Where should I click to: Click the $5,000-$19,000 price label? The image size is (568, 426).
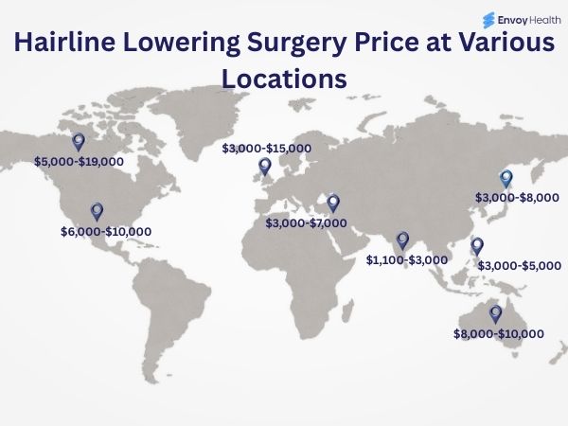(79, 162)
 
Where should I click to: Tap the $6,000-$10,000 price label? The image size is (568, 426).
(105, 231)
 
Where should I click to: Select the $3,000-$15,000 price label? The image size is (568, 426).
(266, 149)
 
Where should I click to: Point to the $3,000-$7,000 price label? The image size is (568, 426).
(306, 223)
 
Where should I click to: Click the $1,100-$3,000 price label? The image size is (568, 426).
(407, 259)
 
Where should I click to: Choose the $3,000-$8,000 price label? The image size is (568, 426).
(517, 198)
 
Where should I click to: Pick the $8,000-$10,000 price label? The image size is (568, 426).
(499, 334)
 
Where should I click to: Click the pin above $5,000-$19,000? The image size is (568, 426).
(79, 142)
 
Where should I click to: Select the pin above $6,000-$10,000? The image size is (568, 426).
(96, 211)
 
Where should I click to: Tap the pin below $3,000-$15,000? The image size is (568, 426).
(264, 167)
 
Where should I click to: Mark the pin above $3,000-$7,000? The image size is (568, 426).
(333, 203)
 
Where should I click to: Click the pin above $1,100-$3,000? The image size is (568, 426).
(402, 240)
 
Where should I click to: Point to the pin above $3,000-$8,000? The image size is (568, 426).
(506, 178)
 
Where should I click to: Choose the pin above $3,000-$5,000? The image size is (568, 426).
(477, 246)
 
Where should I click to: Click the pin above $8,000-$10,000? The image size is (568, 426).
(494, 314)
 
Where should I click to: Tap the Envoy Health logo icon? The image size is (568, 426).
(488, 18)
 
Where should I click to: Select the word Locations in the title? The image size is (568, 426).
(284, 79)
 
